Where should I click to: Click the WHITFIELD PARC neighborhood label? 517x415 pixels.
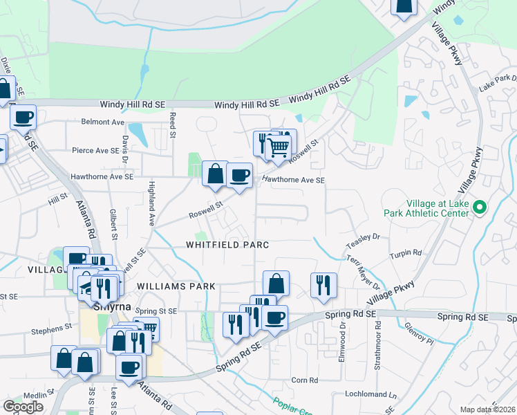(x=227, y=245)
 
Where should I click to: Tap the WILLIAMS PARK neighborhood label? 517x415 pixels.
(x=176, y=286)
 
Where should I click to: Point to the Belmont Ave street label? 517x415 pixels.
(x=102, y=122)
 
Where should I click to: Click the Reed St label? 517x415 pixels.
(x=173, y=127)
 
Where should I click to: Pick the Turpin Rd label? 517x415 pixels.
(x=407, y=253)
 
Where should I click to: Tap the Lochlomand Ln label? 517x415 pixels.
(x=373, y=395)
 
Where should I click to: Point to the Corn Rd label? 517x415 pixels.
(x=304, y=380)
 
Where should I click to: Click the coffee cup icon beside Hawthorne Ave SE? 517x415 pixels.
(x=239, y=176)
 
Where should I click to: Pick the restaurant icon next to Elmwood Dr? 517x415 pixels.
(x=323, y=284)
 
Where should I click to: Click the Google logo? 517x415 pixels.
(x=23, y=407)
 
